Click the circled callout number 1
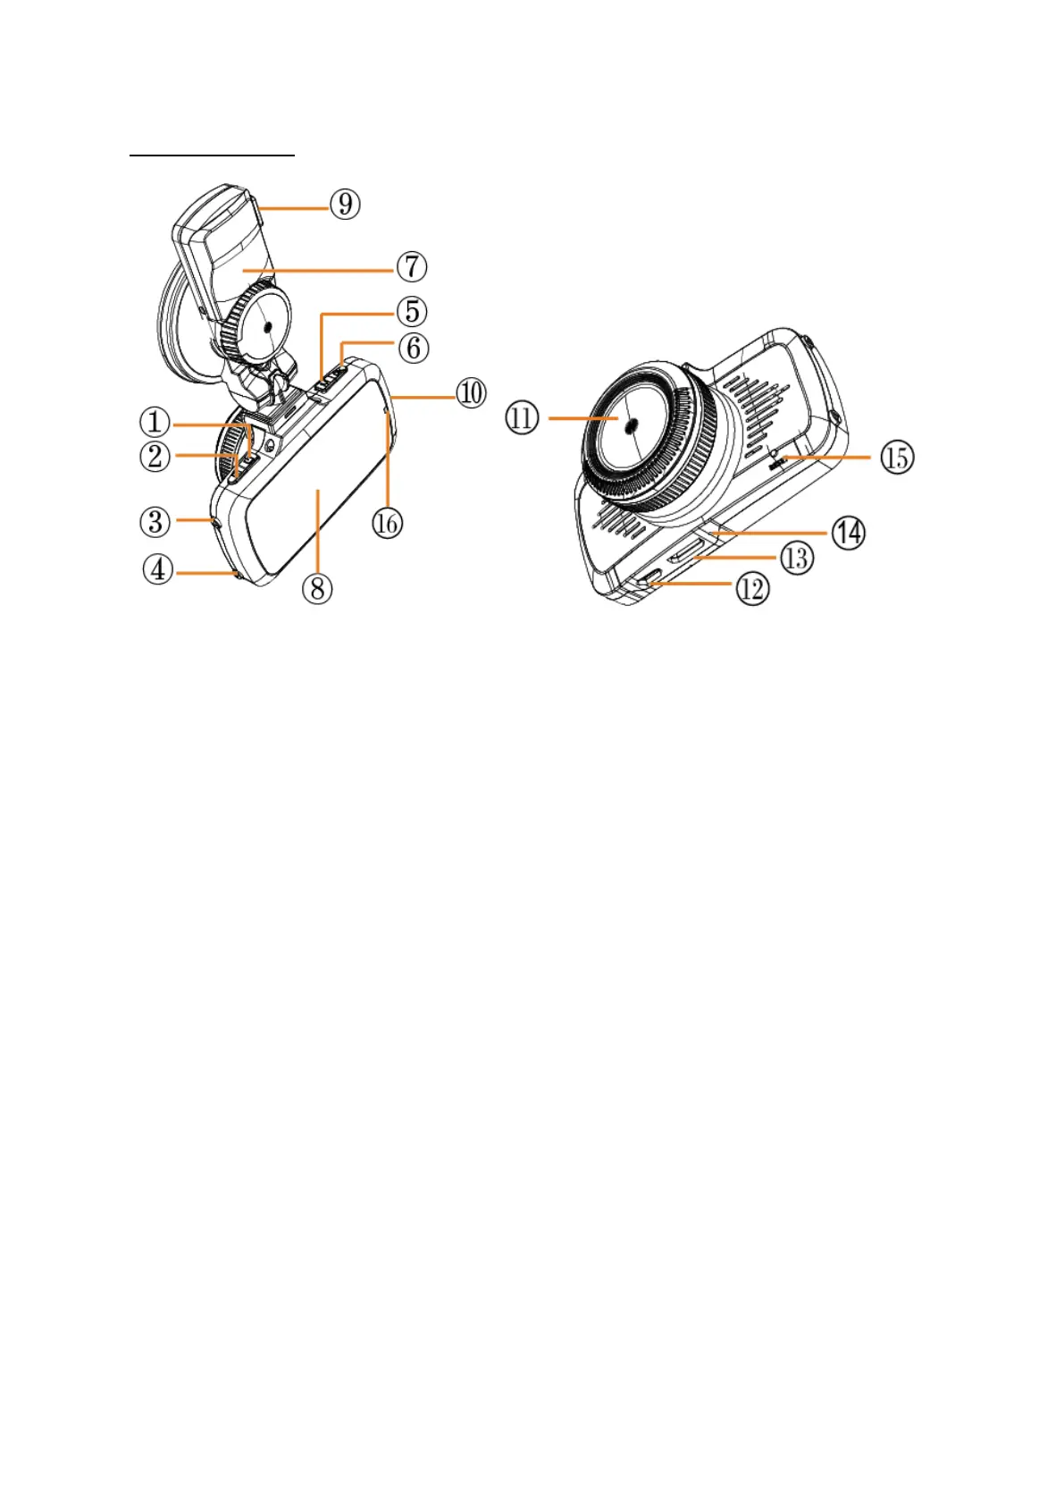155,421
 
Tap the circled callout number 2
155,456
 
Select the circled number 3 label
155,521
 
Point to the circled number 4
158,569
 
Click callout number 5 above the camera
412,311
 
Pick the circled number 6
413,347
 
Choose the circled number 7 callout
412,266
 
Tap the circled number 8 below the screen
317,587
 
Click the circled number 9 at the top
345,204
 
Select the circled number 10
472,392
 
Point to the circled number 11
523,417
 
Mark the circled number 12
752,588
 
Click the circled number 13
796,559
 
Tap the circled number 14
848,533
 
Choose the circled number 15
897,458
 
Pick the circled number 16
387,523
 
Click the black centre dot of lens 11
631,426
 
